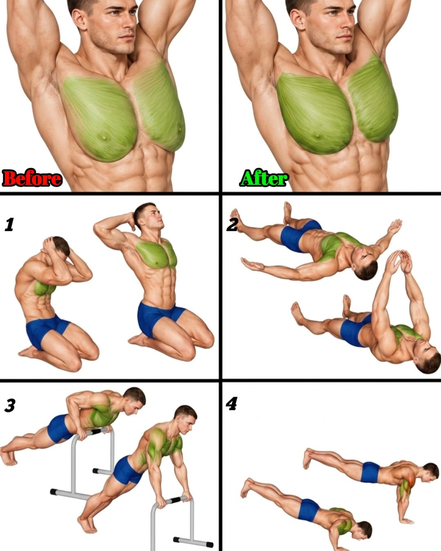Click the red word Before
pos(32,178)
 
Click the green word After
pos(264,178)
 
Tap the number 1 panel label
pos(9,224)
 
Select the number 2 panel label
pos(232,224)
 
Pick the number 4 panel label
pos(232,404)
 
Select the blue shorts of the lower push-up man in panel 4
pos(309,509)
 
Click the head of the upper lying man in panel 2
pos(365,262)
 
